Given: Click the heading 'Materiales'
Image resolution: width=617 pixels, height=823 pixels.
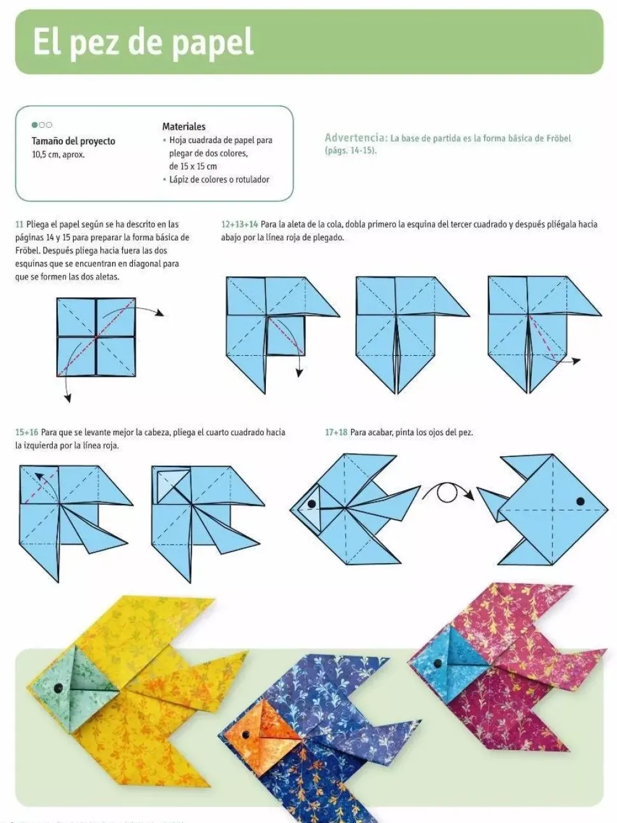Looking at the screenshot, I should (183, 126).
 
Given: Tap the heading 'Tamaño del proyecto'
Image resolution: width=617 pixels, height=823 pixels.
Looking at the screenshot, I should (73, 141).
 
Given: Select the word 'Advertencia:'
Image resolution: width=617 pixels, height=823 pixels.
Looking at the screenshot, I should (356, 138).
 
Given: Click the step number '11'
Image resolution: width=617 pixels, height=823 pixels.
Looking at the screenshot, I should (19, 224).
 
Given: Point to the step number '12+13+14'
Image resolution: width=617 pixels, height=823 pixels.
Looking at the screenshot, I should (239, 224).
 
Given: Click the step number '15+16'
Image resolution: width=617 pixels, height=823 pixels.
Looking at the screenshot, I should (26, 432).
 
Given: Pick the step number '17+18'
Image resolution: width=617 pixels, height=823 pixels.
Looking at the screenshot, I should (336, 432).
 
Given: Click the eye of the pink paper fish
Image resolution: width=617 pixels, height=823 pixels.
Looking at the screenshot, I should (438, 663).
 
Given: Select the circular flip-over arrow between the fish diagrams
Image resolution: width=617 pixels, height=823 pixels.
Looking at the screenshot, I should (447, 492).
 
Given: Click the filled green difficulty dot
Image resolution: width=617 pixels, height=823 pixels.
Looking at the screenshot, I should (35, 125).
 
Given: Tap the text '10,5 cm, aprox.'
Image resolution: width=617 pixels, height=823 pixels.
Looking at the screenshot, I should (58, 154).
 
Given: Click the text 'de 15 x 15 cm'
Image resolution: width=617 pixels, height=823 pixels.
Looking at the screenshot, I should (193, 167).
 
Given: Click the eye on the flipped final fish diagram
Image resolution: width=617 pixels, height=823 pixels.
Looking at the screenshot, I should (580, 501).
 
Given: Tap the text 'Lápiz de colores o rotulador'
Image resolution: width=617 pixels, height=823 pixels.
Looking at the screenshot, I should (219, 180).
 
